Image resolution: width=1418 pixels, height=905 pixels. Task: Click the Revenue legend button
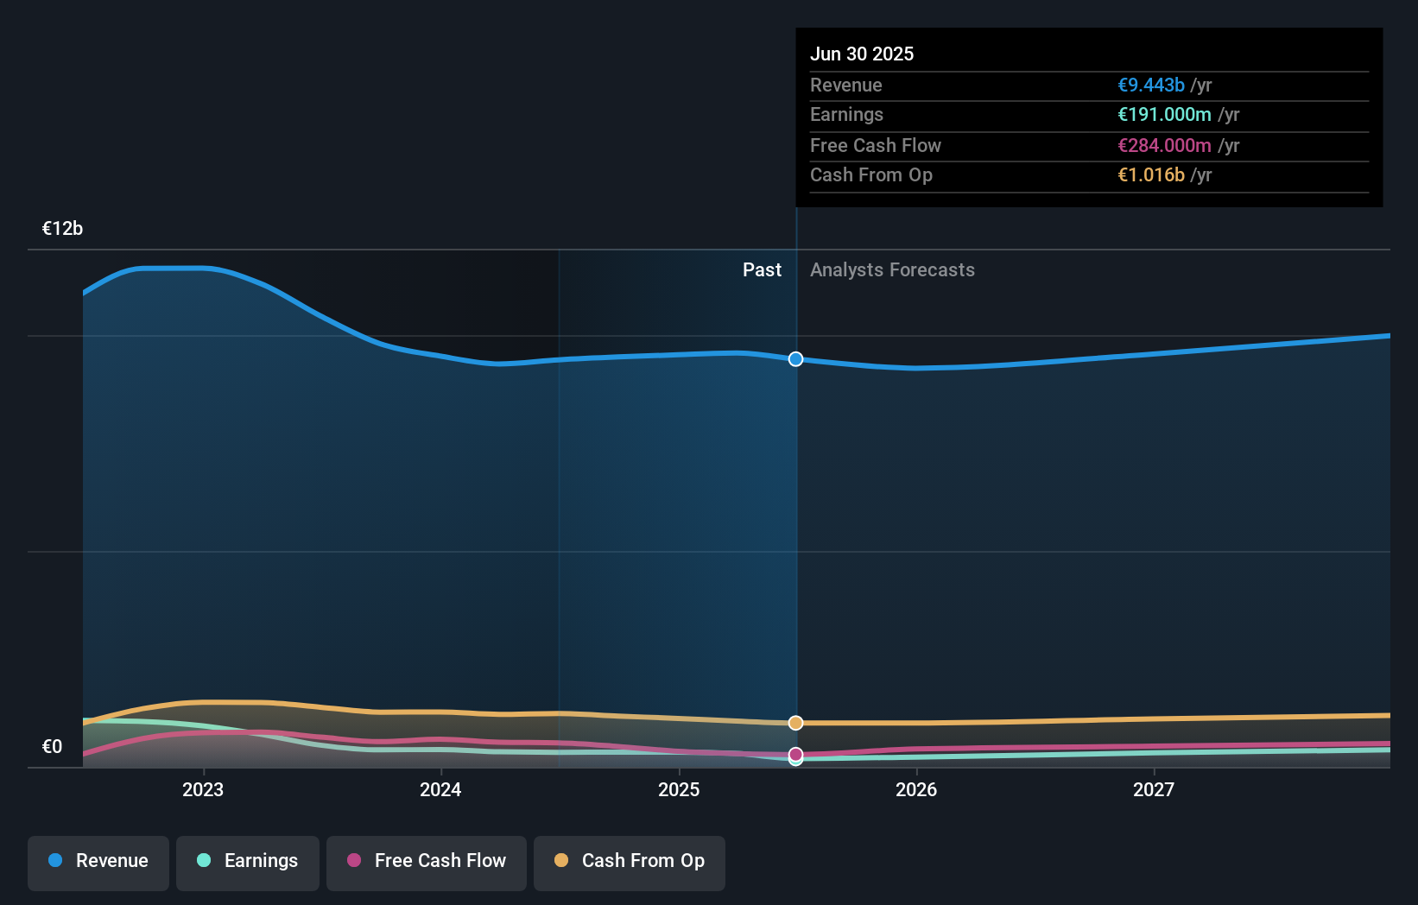98,861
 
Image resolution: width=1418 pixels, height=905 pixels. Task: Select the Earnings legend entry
248,861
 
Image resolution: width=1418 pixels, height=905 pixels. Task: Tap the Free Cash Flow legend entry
427,861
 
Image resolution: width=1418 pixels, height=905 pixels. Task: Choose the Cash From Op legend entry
630,861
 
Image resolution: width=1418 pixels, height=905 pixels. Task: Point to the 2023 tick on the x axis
203,789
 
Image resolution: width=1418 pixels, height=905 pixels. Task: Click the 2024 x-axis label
440,789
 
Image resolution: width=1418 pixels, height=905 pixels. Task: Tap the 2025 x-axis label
679,789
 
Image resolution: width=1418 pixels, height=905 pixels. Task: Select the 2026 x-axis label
916,789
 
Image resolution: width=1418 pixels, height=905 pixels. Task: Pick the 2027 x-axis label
1154,789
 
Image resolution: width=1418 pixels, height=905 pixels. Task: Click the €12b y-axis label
62,229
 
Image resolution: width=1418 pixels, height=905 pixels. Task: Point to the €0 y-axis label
52,747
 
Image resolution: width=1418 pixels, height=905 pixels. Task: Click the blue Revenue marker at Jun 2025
795,359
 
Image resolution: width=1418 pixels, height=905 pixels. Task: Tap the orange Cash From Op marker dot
795,723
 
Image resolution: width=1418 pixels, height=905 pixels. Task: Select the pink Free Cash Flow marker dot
795,754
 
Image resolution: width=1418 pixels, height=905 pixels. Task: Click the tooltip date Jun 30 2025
861,54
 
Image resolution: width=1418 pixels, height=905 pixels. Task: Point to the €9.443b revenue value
1150,85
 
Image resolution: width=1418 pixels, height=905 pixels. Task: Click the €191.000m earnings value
1164,114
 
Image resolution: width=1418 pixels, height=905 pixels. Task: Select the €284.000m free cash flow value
1164,145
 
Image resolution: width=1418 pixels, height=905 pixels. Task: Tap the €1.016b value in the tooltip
1150,174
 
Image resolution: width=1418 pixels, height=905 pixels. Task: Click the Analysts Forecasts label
892,270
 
